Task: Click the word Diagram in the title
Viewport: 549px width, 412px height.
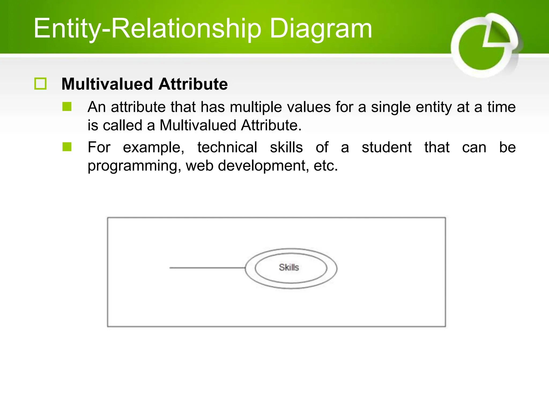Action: (x=321, y=29)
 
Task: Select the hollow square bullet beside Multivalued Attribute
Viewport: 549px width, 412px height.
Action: (x=40, y=84)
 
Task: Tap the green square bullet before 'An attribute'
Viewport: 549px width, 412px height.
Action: (x=67, y=106)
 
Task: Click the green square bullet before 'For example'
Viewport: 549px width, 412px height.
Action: (x=67, y=147)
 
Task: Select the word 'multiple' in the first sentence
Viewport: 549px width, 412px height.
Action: (x=256, y=107)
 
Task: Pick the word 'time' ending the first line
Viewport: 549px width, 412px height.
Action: (x=502, y=107)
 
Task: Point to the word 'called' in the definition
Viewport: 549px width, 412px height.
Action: (x=122, y=125)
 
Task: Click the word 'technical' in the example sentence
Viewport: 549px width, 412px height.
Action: (x=227, y=147)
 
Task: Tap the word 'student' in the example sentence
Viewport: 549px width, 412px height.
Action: (x=387, y=147)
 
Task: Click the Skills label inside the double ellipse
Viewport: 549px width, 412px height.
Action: (x=289, y=267)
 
